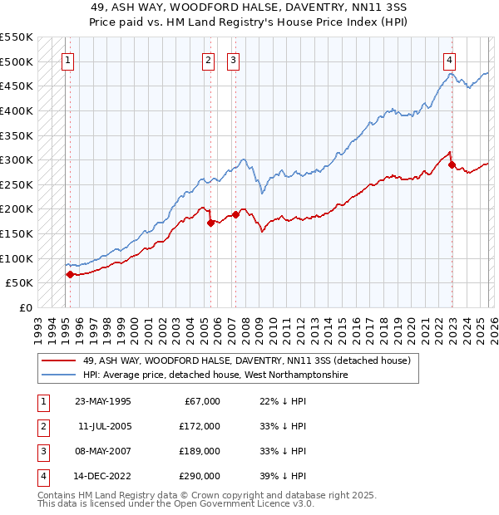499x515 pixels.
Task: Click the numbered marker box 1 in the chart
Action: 67,60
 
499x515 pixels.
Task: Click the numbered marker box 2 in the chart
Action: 207,60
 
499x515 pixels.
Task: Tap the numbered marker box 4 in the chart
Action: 448,60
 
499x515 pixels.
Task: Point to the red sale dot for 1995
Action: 70,275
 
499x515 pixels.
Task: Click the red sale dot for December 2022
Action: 452,165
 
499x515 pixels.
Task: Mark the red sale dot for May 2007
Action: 235,214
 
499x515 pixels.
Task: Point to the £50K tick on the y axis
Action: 20,283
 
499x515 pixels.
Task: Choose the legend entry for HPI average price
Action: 215,375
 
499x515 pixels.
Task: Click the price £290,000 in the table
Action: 200,476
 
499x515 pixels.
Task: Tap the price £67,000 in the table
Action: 202,401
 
